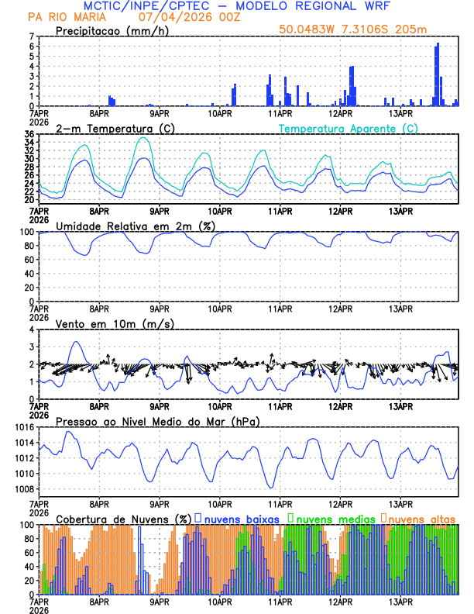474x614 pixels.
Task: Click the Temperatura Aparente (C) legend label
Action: click(349, 128)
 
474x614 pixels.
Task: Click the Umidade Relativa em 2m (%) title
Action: click(136, 226)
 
